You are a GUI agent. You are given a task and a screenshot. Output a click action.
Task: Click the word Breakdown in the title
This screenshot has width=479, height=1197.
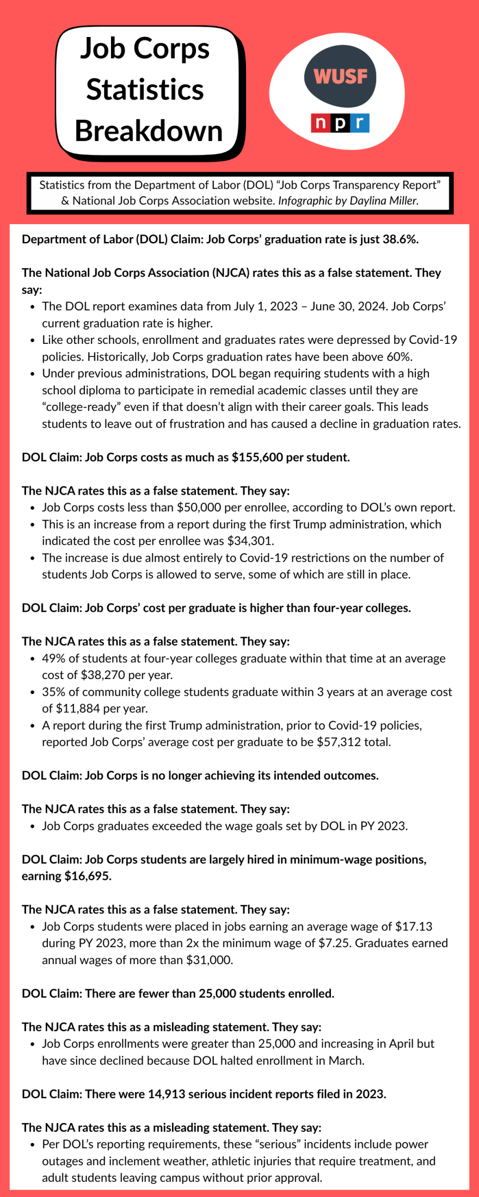pos(149,131)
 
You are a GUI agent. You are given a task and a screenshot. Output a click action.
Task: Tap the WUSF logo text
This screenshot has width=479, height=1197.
pos(340,77)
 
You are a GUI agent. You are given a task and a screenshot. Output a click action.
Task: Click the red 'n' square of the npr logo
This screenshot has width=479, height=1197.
pos(318,124)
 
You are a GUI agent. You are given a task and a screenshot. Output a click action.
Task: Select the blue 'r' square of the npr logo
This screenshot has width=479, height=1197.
pos(360,124)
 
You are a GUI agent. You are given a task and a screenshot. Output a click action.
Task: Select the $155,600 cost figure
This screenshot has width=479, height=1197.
pos(257,458)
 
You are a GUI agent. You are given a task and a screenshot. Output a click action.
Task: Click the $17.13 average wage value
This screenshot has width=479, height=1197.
pos(414,927)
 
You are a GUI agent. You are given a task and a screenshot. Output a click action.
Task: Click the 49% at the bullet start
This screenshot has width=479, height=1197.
pos(53,658)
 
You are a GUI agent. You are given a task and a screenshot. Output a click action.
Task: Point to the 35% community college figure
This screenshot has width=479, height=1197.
pos(53,692)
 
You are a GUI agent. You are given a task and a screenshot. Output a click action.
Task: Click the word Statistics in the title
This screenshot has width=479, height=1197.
pos(145,90)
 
